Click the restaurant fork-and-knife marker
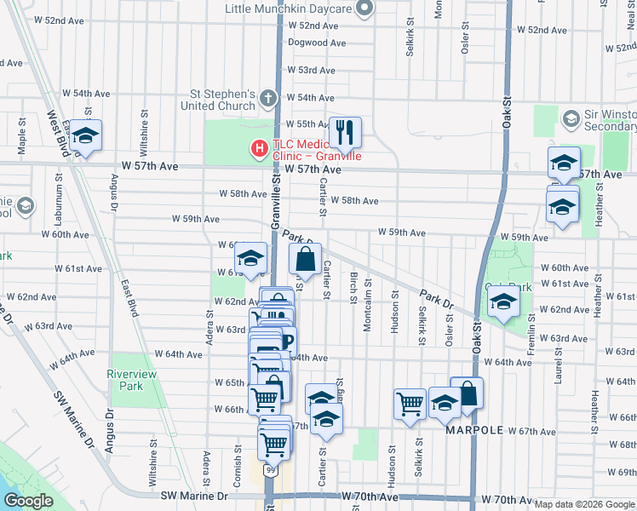click(345, 132)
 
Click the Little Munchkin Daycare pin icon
click(365, 9)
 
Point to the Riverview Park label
click(126, 379)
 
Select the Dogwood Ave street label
click(317, 43)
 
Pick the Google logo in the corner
click(29, 501)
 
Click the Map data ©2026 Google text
click(583, 504)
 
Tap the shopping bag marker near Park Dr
click(306, 258)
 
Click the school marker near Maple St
click(85, 135)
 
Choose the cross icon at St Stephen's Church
click(268, 98)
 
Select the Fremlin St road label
click(531, 330)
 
